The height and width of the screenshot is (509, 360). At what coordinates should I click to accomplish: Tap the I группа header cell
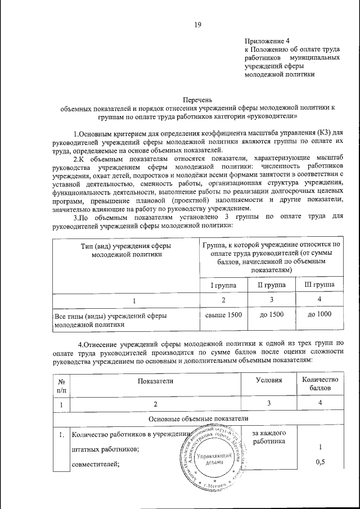click(223, 286)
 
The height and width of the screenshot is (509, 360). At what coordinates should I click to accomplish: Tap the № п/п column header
click(61, 386)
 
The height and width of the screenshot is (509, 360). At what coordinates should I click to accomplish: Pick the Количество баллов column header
click(319, 385)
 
